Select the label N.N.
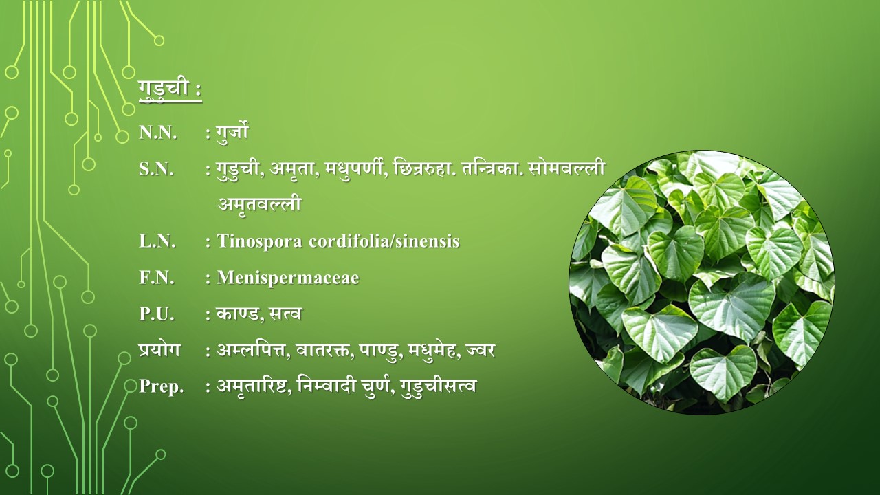click(x=157, y=133)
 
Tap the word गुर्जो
click(x=232, y=132)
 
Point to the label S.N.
click(x=156, y=169)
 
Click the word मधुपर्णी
click(x=355, y=169)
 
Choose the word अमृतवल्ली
click(x=260, y=204)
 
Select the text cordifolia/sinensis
click(x=384, y=241)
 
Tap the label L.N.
click(x=157, y=241)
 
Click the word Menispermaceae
click(x=288, y=278)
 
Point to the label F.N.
click(x=156, y=277)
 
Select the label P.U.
click(x=156, y=314)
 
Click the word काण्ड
click(x=237, y=313)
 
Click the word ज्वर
click(x=479, y=350)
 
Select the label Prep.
click(x=162, y=386)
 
